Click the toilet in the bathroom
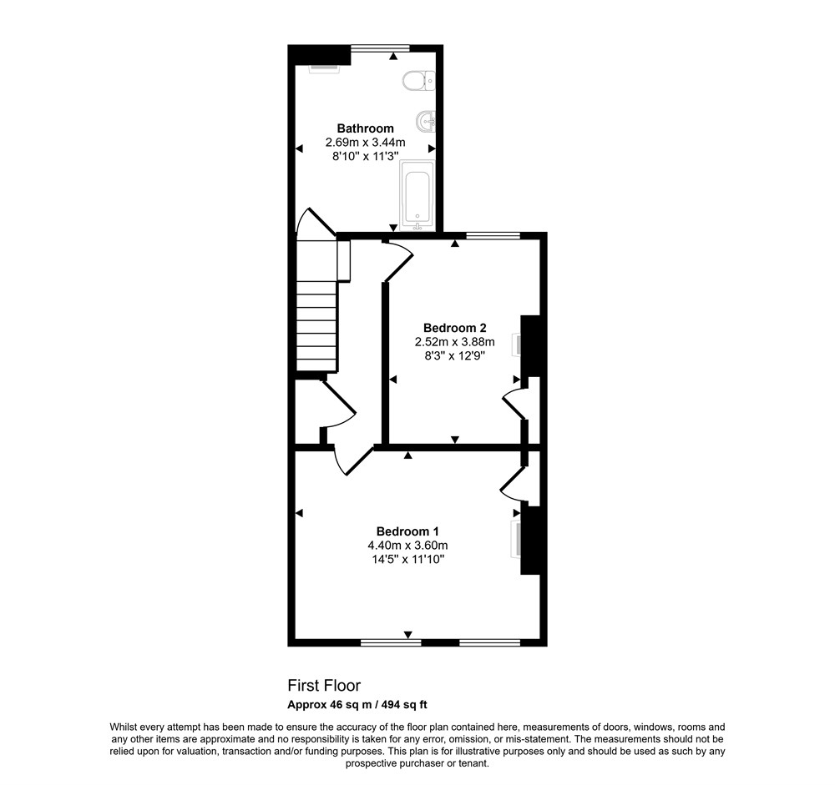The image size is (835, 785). click(419, 82)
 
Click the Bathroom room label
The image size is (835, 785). click(366, 128)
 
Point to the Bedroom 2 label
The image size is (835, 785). click(455, 328)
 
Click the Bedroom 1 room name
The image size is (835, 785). click(407, 531)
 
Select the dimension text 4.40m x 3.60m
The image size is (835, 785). click(407, 546)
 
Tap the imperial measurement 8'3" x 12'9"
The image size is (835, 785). click(455, 356)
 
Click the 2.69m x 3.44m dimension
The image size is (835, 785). click(366, 143)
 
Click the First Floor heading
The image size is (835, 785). click(324, 685)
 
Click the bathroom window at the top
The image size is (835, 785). click(380, 48)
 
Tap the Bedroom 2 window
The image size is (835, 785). click(493, 235)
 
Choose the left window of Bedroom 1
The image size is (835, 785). click(391, 642)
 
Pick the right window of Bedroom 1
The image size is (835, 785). click(490, 642)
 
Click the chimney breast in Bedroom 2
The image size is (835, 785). click(530, 346)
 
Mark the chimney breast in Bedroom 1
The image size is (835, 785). click(530, 540)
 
